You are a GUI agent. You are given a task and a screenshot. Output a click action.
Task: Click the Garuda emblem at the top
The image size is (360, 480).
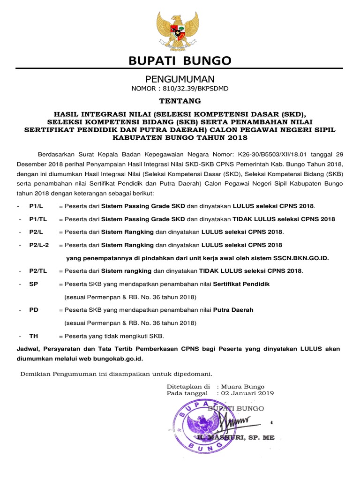tap(180, 30)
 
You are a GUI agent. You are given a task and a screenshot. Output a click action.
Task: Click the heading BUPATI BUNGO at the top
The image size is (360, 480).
tap(180, 61)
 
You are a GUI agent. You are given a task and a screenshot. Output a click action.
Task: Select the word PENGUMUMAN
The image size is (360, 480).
tap(180, 79)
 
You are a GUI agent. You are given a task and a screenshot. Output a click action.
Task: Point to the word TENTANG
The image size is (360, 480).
tap(180, 101)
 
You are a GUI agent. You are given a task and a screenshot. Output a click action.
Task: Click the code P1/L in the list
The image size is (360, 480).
tap(36, 206)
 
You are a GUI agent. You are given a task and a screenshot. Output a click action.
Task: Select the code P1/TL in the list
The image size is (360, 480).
tap(38, 219)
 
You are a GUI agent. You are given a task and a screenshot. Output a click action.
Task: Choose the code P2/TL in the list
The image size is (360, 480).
tap(38, 271)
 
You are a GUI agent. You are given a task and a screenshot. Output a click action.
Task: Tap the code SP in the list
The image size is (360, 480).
tap(33, 284)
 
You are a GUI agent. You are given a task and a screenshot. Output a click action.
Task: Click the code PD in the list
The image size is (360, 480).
tap(34, 310)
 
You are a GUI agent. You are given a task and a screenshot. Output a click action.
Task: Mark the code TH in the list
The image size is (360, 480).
tap(33, 336)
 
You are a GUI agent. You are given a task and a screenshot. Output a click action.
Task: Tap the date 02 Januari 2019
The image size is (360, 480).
tap(247, 393)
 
